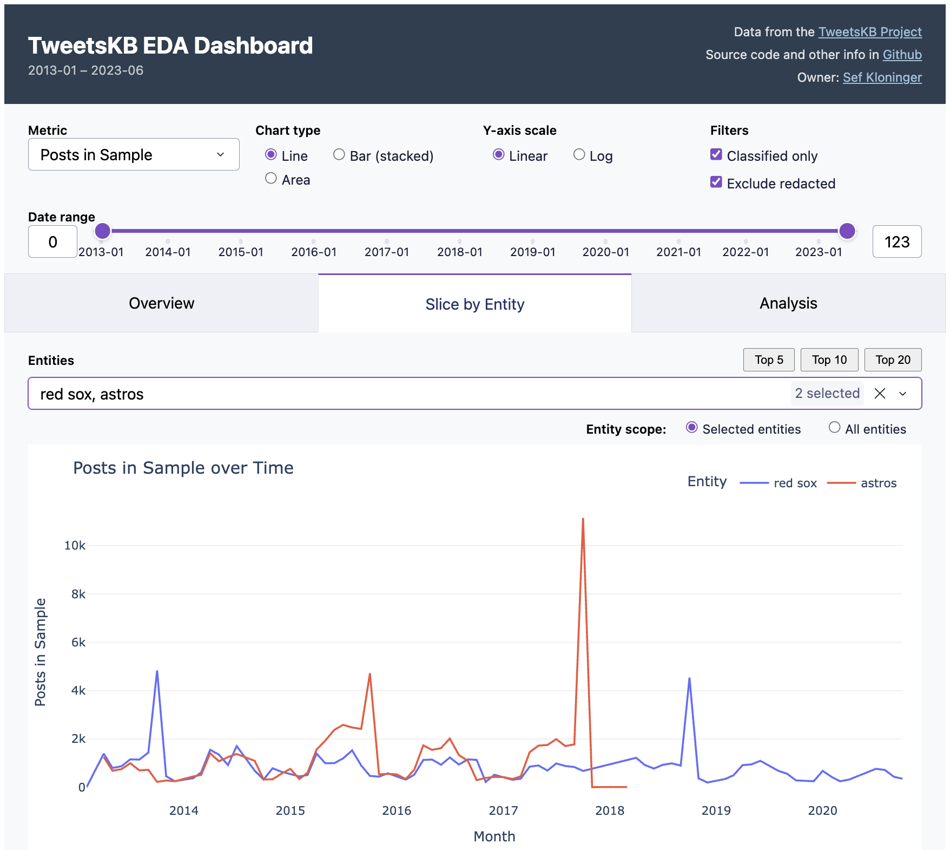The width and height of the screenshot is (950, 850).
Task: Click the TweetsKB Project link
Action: tap(869, 32)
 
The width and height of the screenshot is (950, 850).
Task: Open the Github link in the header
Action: tap(902, 55)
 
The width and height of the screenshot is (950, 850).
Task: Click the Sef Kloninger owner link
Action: tap(882, 77)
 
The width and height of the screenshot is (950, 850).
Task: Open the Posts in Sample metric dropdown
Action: tap(134, 155)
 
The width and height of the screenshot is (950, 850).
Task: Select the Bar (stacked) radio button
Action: tap(339, 155)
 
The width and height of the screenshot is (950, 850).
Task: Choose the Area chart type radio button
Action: tap(271, 179)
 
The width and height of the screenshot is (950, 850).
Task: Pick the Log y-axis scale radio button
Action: tap(579, 155)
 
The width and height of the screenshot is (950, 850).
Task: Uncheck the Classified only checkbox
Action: tap(716, 155)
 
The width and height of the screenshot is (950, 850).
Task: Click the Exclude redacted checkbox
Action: tap(716, 182)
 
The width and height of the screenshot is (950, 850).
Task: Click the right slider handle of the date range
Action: tap(847, 231)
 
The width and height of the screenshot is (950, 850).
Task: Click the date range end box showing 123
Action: tap(896, 242)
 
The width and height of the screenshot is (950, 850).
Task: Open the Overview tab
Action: tap(161, 303)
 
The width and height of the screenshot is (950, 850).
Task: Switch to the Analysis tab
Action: tap(788, 303)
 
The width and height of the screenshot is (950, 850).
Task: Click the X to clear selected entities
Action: tap(880, 394)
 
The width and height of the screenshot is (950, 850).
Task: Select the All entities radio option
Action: tap(834, 428)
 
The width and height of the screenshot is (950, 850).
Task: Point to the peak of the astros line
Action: tap(583, 519)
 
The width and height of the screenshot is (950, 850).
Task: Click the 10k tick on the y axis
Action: tap(75, 546)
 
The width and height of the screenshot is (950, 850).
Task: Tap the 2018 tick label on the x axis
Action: tap(609, 810)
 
